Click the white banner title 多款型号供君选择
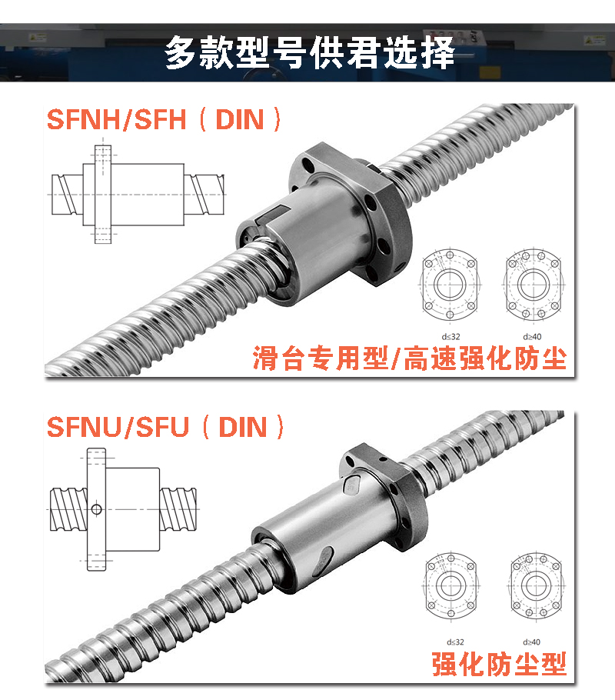point(310,53)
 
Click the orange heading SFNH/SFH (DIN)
point(165,119)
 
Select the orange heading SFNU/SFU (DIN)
point(165,427)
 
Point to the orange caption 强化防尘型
point(499,664)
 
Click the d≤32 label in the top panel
point(450,337)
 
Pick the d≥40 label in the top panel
point(532,337)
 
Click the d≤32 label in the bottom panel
point(455,642)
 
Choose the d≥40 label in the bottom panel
point(531,642)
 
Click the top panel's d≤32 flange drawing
point(450,284)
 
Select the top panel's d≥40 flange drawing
point(534,284)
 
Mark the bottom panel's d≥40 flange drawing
point(534,586)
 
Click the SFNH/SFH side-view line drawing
point(137,195)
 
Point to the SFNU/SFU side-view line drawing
point(122,509)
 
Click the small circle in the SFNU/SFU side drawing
point(96,509)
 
